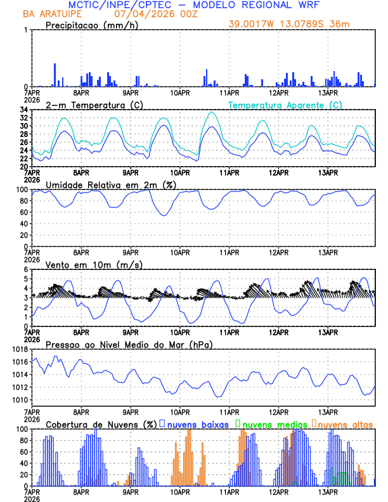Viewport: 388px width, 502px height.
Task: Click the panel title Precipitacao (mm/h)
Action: click(91, 25)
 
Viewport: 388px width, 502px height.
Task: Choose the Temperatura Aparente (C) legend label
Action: click(285, 105)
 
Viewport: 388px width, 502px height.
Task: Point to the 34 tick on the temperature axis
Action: click(23, 110)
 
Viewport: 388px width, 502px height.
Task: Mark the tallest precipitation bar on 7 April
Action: click(55, 75)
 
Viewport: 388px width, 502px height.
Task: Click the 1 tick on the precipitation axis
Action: click(25, 30)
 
